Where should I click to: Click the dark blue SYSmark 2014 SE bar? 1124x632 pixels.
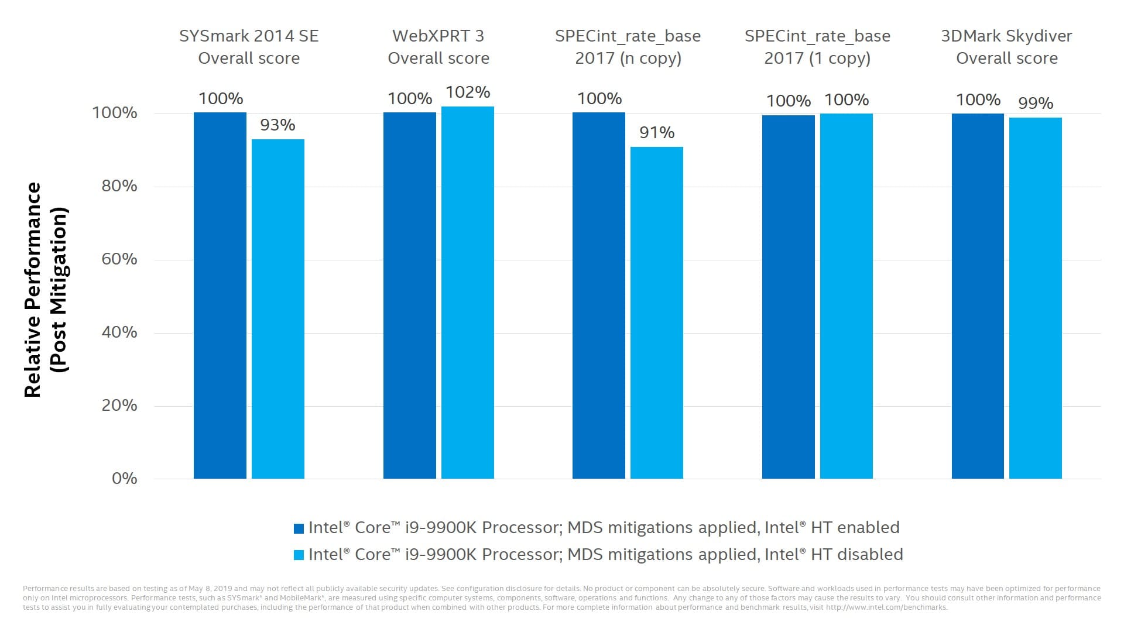(x=220, y=296)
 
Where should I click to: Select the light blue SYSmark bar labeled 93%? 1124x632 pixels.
(x=278, y=309)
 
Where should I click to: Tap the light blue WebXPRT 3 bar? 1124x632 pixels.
(x=468, y=293)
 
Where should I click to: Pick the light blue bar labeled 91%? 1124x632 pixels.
(x=657, y=312)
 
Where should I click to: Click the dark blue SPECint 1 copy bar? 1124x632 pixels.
(x=789, y=297)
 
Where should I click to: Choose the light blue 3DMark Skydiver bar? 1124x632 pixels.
(x=1036, y=298)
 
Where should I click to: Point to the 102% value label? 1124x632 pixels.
(x=468, y=92)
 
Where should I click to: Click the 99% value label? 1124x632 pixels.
(x=1036, y=104)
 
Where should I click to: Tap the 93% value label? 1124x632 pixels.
(x=277, y=125)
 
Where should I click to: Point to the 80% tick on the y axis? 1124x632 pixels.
(x=119, y=186)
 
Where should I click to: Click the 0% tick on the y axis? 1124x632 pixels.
(x=124, y=479)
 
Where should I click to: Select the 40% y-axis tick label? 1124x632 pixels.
(x=119, y=332)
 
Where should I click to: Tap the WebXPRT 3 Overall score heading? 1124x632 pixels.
(x=438, y=47)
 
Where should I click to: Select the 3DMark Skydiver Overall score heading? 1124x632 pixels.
(x=1006, y=47)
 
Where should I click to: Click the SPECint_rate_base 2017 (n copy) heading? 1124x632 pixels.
(x=628, y=47)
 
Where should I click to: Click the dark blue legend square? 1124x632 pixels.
(x=299, y=528)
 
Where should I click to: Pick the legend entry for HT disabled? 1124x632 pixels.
(x=605, y=554)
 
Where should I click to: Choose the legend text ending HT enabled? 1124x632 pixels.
(x=604, y=528)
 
